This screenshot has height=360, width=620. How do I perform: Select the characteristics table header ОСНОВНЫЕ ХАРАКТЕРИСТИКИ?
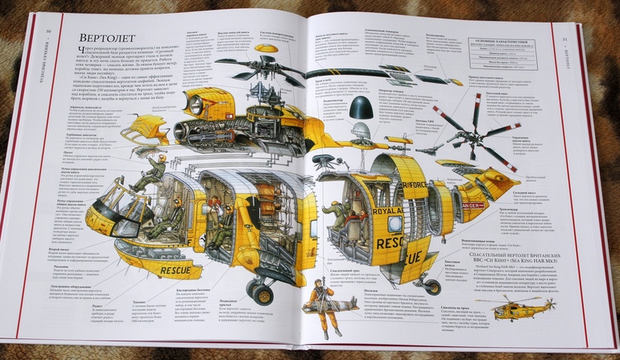pyautogui.click(x=508, y=40)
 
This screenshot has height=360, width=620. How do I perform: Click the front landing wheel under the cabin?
pyautogui.click(x=261, y=290)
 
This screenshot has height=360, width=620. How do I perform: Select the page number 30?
pyautogui.click(x=48, y=31)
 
